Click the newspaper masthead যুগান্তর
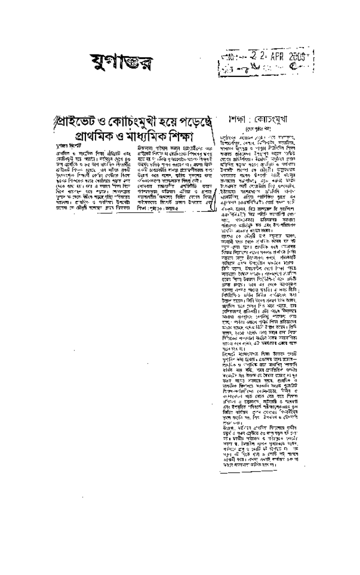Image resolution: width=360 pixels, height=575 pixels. click(111, 60)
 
